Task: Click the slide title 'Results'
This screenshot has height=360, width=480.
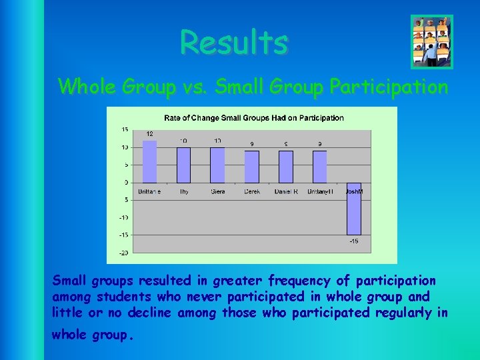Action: coord(234,43)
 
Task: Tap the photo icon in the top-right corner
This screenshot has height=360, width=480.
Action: coord(431,42)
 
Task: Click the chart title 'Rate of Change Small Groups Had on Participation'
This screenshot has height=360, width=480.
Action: coord(254,118)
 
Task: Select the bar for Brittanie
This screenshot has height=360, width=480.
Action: coord(150,161)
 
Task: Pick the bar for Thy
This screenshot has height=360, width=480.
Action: coord(183,165)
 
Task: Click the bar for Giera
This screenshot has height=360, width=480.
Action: coord(217,165)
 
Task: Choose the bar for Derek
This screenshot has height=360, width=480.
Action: coord(251,167)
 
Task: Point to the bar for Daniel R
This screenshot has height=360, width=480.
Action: coord(285,167)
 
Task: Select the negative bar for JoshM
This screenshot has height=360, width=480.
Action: coord(353,209)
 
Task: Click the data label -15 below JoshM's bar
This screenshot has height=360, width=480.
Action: coord(353,241)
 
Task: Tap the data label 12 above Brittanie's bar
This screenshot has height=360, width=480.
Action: coord(150,134)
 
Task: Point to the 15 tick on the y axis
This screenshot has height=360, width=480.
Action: coord(125,129)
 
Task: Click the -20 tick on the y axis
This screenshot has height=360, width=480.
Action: coord(123,253)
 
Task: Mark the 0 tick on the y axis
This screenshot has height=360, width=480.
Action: coord(126,182)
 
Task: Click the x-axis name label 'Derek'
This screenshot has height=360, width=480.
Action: coord(251,191)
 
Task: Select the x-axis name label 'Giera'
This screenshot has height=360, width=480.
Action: coord(217,191)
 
